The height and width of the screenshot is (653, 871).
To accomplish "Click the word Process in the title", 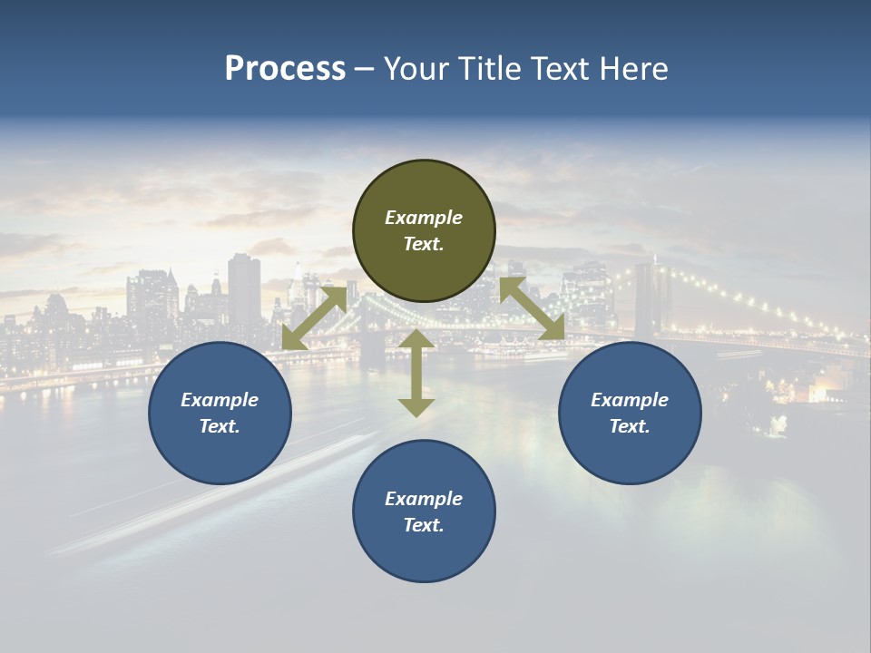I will pyautogui.click(x=285, y=69).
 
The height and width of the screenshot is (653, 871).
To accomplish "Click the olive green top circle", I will pyautogui.click(x=424, y=263).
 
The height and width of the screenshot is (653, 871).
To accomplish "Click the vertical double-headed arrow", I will pyautogui.click(x=416, y=373).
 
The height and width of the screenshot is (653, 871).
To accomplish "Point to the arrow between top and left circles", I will pyautogui.click(x=314, y=318).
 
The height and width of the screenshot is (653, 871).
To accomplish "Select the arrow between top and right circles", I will pyautogui.click(x=533, y=309).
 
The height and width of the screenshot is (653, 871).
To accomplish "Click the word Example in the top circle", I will pyautogui.click(x=424, y=218).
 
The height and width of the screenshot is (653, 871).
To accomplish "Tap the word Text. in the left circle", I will pyautogui.click(x=220, y=426).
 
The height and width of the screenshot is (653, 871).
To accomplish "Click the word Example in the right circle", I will pyautogui.click(x=630, y=400).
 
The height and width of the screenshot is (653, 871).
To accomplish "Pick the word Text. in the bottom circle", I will pyautogui.click(x=424, y=525).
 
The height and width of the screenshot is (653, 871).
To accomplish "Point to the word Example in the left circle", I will pyautogui.click(x=220, y=400).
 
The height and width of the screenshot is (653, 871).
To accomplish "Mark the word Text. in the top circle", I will pyautogui.click(x=424, y=244).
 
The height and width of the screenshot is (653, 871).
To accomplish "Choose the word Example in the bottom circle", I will pyautogui.click(x=424, y=499).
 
